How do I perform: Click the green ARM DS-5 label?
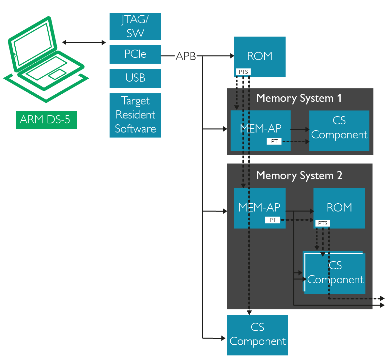(x=46, y=120)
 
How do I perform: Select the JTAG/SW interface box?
(x=135, y=26)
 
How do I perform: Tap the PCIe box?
(x=135, y=54)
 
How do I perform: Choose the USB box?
(x=135, y=78)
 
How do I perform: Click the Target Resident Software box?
(x=135, y=115)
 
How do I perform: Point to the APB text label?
(x=186, y=56)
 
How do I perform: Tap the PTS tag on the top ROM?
(x=243, y=72)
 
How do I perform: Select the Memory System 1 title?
(x=299, y=98)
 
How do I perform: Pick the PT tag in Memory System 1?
(x=274, y=141)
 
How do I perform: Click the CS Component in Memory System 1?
(x=339, y=130)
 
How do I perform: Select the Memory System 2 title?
(x=299, y=176)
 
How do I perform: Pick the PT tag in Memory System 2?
(x=272, y=220)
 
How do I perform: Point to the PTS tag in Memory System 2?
(x=323, y=223)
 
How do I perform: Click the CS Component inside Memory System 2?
(x=335, y=273)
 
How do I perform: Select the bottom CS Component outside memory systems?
(x=257, y=335)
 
